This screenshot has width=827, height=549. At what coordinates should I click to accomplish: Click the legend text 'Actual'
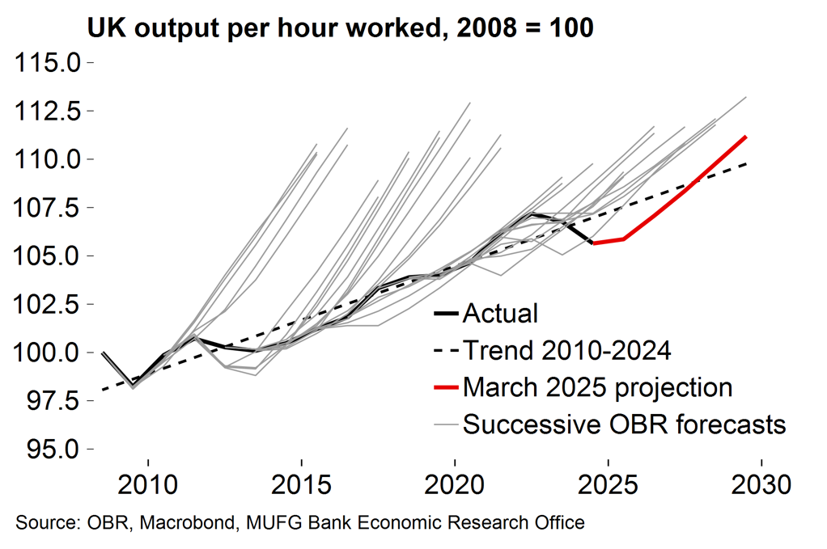tap(500, 314)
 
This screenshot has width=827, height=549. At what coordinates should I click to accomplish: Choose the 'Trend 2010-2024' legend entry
tap(566, 350)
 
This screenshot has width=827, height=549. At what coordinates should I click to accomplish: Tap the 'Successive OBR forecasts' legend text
tap(624, 423)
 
